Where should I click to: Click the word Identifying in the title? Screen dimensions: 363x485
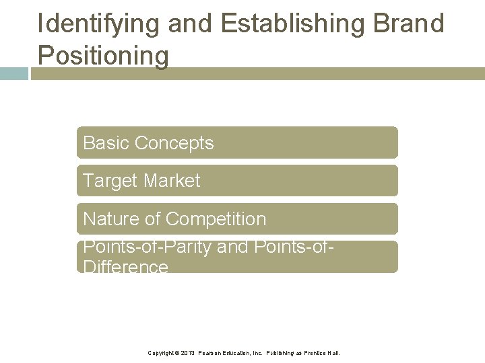[100, 24]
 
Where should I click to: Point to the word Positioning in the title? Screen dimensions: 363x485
[103, 55]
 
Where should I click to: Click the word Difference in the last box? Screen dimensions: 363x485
[125, 267]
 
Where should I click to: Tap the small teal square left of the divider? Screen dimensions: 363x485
[13, 74]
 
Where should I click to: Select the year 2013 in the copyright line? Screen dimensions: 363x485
[187, 353]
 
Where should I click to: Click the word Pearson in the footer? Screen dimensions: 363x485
[209, 353]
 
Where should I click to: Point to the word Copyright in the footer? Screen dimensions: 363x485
[162, 353]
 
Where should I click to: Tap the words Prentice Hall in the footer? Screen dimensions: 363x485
[322, 353]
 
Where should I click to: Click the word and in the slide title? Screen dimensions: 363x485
[191, 24]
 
